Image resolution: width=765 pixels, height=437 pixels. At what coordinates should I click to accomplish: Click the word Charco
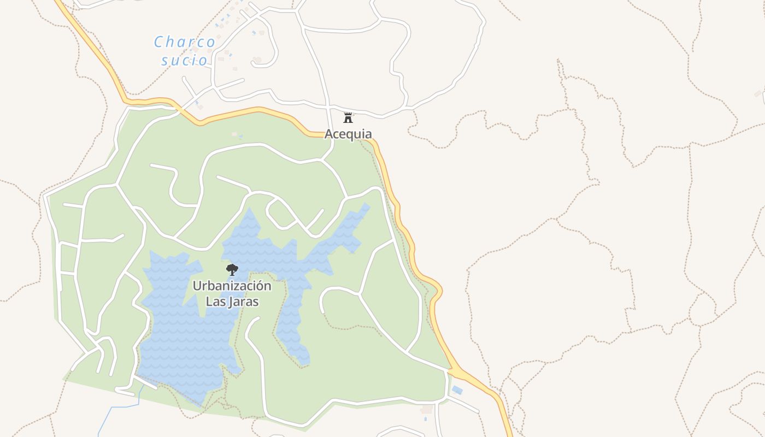point(184,42)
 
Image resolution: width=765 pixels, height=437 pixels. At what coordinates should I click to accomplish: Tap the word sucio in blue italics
point(185,60)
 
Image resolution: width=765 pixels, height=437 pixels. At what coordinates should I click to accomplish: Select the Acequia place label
point(348,134)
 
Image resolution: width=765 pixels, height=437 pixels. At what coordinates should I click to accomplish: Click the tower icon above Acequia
point(348,117)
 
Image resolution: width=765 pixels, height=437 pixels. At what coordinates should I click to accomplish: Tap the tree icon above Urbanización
point(232,269)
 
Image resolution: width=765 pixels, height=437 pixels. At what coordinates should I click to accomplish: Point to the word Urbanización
point(232,286)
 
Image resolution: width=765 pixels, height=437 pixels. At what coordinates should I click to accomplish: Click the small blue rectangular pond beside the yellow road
point(457,390)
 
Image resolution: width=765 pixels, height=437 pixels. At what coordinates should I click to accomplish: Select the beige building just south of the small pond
point(427,409)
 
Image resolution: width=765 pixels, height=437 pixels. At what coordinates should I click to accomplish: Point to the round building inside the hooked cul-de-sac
point(257,60)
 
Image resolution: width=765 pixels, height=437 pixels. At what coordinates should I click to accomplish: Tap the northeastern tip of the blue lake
point(367,206)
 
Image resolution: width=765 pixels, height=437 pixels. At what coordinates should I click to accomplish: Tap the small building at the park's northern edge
point(234,134)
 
